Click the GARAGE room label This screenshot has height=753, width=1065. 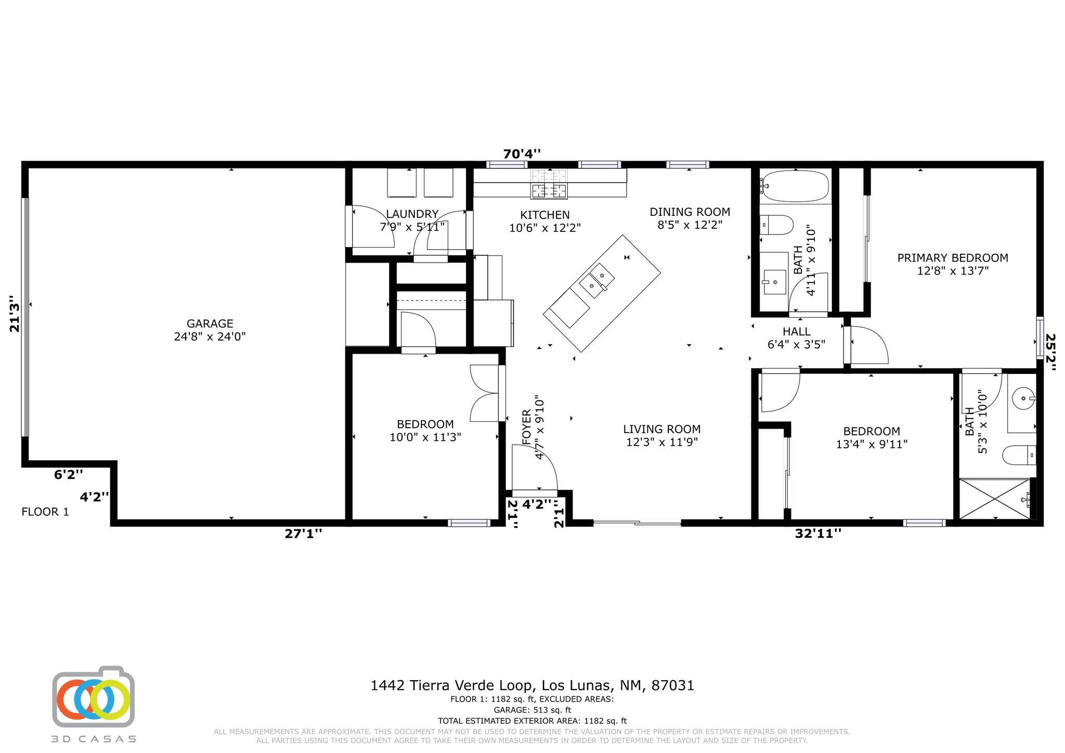point(210,323)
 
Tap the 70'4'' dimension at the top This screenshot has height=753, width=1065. point(522,154)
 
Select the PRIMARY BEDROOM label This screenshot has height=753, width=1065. point(952,258)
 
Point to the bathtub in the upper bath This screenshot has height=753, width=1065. point(795,186)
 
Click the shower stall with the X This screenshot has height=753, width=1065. point(994,499)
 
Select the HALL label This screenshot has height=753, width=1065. point(796,332)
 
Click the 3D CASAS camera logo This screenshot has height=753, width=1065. point(94,697)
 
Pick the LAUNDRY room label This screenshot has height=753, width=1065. point(412,214)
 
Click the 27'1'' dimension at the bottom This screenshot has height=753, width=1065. point(303,534)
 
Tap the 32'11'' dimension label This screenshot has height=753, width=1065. point(817,534)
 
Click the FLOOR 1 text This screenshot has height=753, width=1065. point(45,512)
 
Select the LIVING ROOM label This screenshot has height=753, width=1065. point(661,430)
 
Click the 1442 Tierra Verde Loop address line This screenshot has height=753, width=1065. point(532,685)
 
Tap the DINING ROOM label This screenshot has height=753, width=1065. point(690,212)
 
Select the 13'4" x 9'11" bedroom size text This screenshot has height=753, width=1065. point(872,444)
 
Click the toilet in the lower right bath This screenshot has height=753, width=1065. point(1019,455)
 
